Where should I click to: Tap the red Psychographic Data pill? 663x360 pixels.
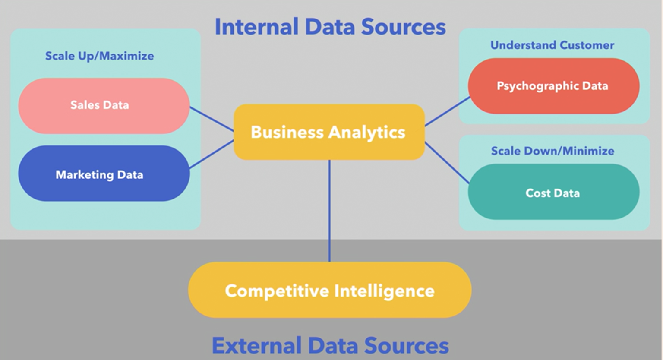point(553,86)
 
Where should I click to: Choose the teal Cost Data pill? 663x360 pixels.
point(553,192)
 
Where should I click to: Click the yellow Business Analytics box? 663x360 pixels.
point(329,132)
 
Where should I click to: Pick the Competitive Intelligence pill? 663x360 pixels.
point(329,290)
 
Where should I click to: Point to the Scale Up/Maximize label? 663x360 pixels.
point(100,56)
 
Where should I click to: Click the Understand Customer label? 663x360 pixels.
point(552,45)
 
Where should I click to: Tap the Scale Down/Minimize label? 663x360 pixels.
point(552,151)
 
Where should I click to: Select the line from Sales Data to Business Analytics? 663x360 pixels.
point(212,119)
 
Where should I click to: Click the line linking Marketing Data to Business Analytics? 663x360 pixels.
point(212,154)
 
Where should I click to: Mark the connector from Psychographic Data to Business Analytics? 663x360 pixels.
point(447,111)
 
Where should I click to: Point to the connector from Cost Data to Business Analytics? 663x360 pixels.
point(447,163)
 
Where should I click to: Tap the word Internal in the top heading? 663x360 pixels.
point(256,27)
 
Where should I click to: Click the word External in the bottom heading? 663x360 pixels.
point(256,346)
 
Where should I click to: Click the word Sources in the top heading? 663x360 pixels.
point(403,27)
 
